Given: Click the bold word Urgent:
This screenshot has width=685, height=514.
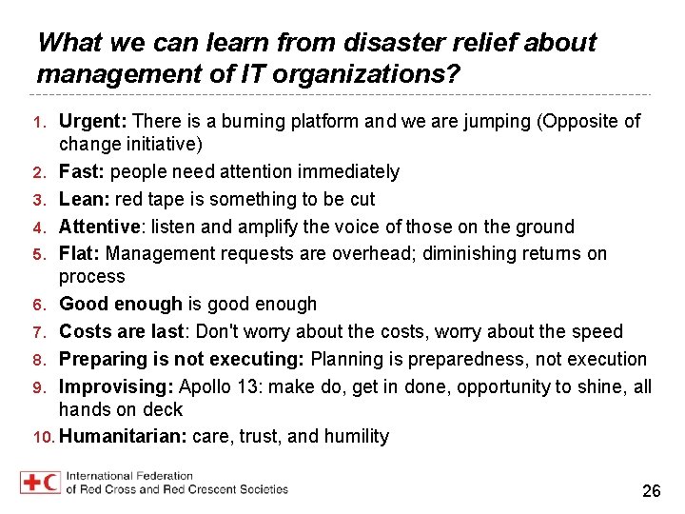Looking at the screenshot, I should (93, 122).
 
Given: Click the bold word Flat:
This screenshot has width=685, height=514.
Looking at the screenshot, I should (80, 254).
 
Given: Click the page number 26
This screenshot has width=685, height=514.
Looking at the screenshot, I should (652, 491).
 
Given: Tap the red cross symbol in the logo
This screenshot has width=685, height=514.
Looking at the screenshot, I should (30, 482).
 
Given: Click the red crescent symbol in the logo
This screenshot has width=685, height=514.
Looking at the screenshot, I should (51, 482).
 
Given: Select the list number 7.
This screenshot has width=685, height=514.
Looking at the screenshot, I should (39, 332).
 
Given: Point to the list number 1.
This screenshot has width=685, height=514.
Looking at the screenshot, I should (39, 122).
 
